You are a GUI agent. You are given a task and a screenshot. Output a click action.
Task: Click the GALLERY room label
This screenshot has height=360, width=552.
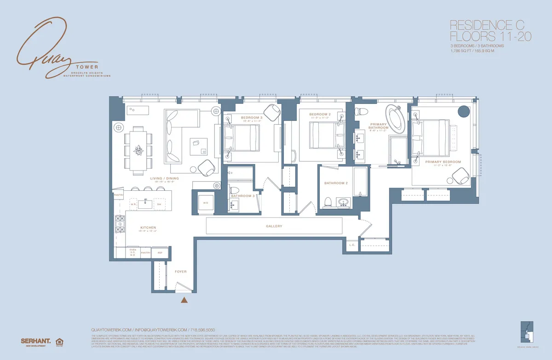[274, 226]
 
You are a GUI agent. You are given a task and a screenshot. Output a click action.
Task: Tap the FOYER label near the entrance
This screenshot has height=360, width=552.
[181, 272]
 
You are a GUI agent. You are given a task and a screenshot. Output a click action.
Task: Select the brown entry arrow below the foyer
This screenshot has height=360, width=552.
[184, 301]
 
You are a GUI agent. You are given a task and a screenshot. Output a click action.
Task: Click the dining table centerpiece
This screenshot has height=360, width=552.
[138, 150]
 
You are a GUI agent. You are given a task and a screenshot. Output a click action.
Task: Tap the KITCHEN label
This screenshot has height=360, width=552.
[149, 228]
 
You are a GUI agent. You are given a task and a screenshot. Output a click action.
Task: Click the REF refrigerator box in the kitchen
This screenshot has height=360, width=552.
[160, 252]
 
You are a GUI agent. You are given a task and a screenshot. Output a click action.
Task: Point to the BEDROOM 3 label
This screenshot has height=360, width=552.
[251, 118]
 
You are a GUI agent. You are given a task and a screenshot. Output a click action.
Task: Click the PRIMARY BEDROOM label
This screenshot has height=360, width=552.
[443, 162]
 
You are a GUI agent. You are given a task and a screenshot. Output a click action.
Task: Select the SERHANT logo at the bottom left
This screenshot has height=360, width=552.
[35, 341]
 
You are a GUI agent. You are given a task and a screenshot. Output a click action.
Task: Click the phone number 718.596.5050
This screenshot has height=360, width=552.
[203, 330]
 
